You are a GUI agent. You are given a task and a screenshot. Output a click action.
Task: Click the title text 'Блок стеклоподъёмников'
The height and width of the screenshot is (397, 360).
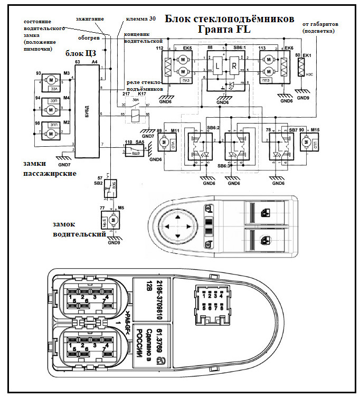click(230, 19)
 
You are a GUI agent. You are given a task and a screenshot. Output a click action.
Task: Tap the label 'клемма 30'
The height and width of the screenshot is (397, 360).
click(141, 19)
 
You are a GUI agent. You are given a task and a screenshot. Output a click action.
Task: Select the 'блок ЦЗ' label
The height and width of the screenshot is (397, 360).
click(81, 53)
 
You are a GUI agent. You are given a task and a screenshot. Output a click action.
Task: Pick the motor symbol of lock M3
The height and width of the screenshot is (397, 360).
click(52, 80)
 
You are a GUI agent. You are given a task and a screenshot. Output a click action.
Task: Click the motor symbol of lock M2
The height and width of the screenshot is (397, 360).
click(52, 134)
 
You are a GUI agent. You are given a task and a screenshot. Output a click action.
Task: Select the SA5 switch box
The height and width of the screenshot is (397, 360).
click(134, 152)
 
